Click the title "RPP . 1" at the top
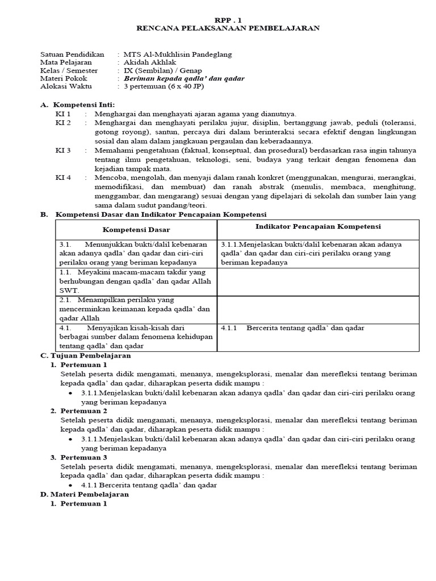228,18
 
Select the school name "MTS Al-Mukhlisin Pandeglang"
178,54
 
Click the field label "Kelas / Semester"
69,70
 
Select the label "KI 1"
63,113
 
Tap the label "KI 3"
63,150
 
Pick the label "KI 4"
63,178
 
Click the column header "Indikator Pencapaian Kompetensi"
318,226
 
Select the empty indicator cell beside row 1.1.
318,281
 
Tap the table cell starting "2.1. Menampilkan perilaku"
136,309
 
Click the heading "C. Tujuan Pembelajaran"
85,356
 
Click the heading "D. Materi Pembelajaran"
85,494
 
